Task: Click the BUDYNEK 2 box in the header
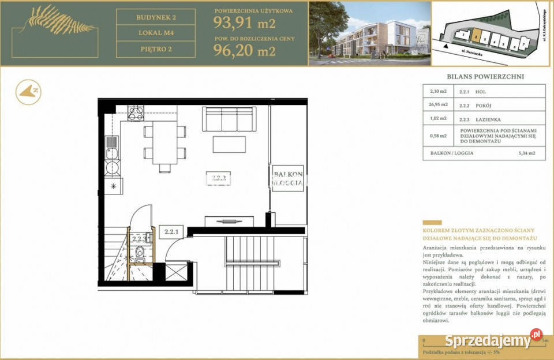pyautogui.click(x=156, y=17)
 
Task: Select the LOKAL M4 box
pyautogui.click(x=156, y=33)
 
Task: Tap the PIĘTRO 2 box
pyautogui.click(x=156, y=50)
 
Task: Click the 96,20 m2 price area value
pyautogui.click(x=244, y=51)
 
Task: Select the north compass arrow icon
pyautogui.click(x=28, y=92)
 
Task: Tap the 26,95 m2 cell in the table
pyautogui.click(x=438, y=105)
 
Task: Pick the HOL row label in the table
pyautogui.click(x=481, y=91)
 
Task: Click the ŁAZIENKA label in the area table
pyautogui.click(x=488, y=119)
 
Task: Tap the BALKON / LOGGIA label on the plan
pyautogui.click(x=287, y=178)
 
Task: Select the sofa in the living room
pyautogui.click(x=229, y=119)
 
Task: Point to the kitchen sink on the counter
pyautogui.click(x=112, y=153)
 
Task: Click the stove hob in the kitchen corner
pyautogui.click(x=136, y=113)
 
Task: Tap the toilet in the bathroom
pyautogui.click(x=140, y=252)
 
